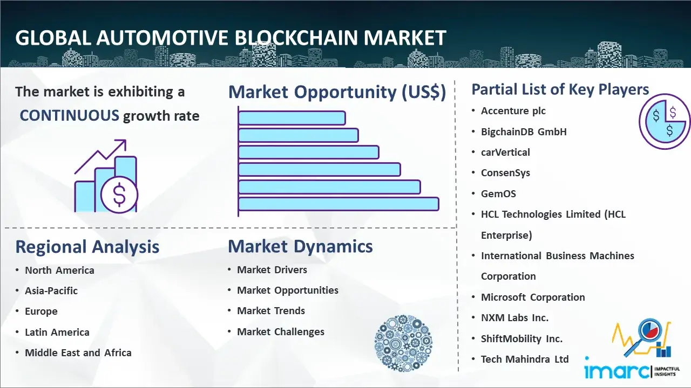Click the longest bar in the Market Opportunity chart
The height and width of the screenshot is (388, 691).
tap(338, 204)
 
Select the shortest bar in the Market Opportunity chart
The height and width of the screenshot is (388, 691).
tap(292, 118)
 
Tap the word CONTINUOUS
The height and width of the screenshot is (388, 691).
tap(70, 116)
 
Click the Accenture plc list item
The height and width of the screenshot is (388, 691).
tap(513, 111)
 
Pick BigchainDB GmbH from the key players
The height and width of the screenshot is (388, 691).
tap(524, 132)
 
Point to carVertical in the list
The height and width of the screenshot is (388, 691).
tap(505, 152)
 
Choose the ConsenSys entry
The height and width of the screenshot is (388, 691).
tap(505, 173)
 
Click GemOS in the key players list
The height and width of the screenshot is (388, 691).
tap(498, 193)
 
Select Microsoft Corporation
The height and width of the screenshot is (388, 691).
tap(533, 297)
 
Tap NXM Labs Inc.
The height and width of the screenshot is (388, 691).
tap(514, 318)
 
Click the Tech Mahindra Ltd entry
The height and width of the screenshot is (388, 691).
tap(525, 359)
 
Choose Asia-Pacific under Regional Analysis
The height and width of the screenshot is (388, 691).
tap(51, 290)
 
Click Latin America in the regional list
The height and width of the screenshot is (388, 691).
tap(57, 332)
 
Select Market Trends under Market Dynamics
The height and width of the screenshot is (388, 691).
tap(271, 311)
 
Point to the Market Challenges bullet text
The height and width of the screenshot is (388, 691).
tap(281, 331)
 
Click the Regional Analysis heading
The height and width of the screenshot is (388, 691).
tap(87, 247)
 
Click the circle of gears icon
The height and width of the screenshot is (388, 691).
tap(403, 343)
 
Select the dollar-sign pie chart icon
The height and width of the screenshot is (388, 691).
tap(665, 122)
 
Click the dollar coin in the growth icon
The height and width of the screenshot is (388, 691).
tap(119, 195)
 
